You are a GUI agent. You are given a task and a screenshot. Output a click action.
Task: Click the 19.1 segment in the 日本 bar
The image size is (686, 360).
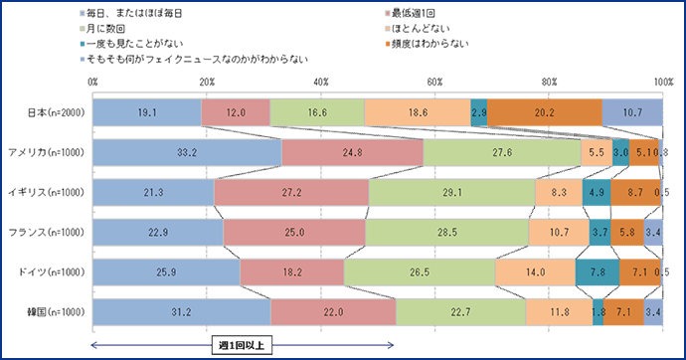click(x=146, y=112)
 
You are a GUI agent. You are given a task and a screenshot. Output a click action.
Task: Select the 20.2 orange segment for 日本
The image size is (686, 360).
click(x=544, y=112)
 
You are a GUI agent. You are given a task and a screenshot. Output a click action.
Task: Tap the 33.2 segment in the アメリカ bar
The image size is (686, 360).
click(x=187, y=152)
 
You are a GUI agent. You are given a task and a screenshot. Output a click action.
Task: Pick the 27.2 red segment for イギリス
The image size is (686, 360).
click(x=291, y=192)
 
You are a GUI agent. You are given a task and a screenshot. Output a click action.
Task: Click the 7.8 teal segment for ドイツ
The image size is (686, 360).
click(x=597, y=271)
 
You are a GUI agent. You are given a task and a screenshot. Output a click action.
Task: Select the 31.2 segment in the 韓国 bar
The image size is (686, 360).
click(x=181, y=311)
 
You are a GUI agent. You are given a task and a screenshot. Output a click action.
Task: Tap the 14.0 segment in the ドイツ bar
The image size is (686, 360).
click(x=535, y=271)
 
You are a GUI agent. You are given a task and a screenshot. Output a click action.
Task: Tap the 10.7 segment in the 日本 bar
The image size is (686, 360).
click(x=632, y=112)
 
